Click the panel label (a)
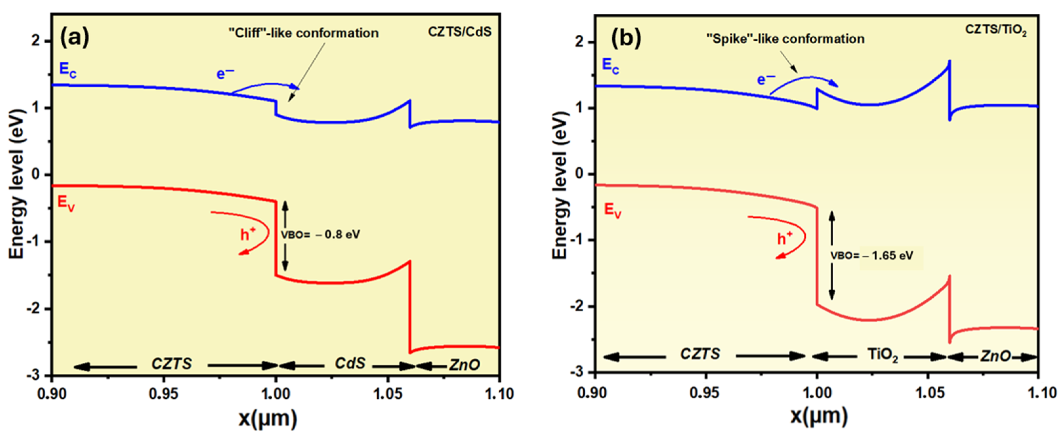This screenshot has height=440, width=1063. click(x=74, y=38)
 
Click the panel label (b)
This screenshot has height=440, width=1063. click(x=626, y=38)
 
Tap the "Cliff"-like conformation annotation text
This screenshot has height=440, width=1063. click(x=303, y=33)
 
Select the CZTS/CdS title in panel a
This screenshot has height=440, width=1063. click(x=460, y=32)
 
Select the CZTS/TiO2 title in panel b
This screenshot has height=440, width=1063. click(x=995, y=30)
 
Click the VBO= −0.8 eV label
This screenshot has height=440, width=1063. click(x=320, y=235)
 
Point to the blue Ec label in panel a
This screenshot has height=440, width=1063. click(x=68, y=70)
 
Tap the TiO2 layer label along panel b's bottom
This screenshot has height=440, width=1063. click(x=882, y=355)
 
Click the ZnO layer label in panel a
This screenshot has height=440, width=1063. click(x=464, y=365)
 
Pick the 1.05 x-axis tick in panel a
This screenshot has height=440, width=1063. click(x=387, y=394)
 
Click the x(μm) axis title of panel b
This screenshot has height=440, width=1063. click(x=819, y=416)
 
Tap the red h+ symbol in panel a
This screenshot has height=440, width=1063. click(x=248, y=234)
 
